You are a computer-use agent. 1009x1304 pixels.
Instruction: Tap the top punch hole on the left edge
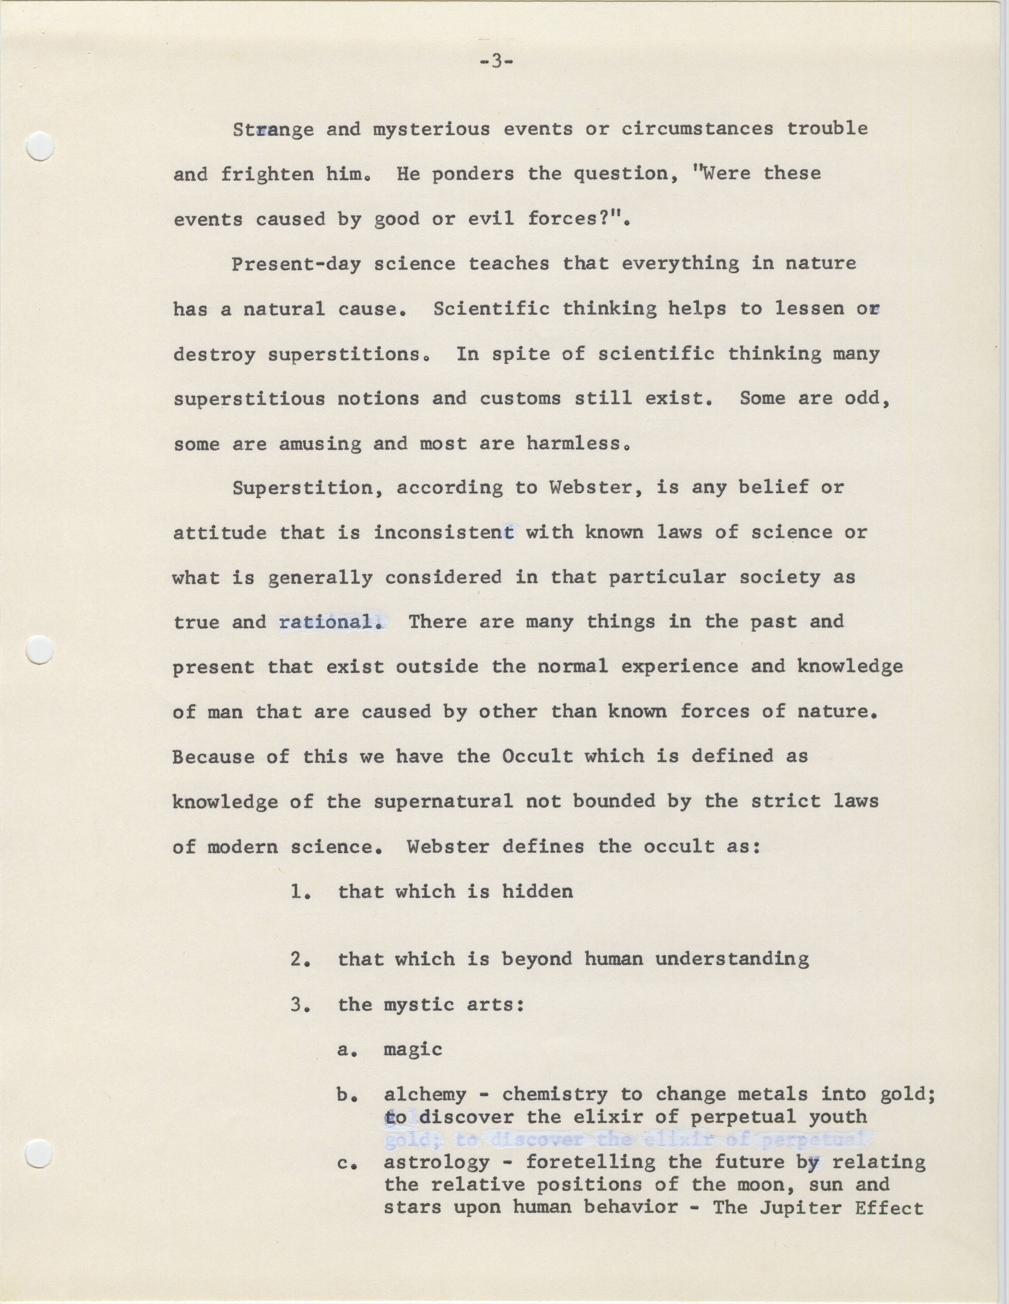click(x=41, y=145)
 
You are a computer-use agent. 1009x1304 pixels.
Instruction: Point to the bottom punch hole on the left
click(x=41, y=1153)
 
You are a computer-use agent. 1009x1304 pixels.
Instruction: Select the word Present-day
click(x=296, y=264)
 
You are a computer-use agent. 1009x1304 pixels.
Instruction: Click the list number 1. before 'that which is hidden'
click(x=302, y=892)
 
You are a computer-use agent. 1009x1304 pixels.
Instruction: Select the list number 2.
click(x=302, y=959)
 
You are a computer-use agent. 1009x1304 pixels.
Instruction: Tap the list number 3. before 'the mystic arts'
click(x=302, y=1005)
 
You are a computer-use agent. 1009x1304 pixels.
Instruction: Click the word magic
click(x=413, y=1050)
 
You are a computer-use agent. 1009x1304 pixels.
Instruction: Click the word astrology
click(x=436, y=1162)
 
